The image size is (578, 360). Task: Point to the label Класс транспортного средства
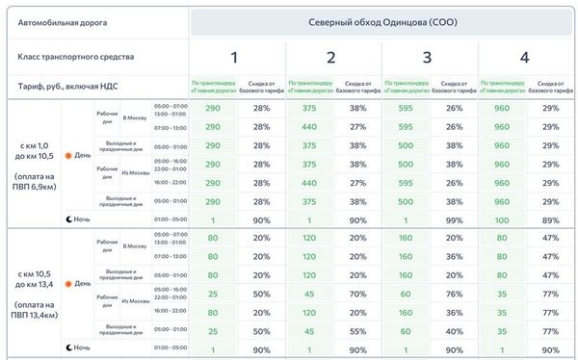point(76,57)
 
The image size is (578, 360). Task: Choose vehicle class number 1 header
point(234,58)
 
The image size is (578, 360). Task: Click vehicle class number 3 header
point(427,58)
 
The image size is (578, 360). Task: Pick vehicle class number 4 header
point(523,58)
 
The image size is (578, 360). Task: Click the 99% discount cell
point(455,219)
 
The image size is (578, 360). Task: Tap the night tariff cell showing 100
point(502,219)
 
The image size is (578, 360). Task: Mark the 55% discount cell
point(358,330)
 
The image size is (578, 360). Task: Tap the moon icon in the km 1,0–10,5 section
point(68,219)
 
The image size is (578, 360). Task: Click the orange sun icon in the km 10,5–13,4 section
point(68,283)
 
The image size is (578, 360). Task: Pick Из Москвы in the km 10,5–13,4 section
point(134,301)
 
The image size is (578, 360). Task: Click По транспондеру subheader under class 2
point(310,87)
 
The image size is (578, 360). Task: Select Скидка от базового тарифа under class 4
point(551,87)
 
